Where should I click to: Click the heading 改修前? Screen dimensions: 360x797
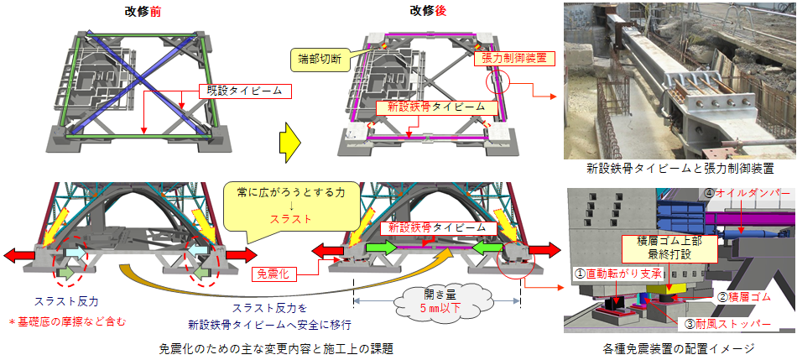pos(140,10)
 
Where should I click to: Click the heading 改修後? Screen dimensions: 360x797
pos(427,10)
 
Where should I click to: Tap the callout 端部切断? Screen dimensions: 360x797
pos(319,59)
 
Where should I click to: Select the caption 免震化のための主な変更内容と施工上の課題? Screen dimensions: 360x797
pos(275,347)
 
